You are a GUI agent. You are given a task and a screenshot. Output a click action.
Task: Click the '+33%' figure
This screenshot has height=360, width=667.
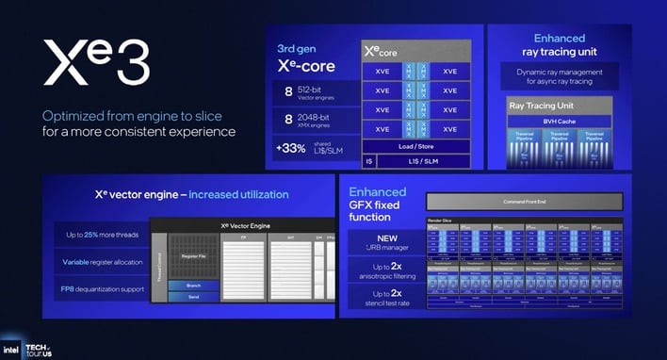tap(290, 147)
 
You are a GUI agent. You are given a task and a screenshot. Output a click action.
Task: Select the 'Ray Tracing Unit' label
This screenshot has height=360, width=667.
tap(542, 105)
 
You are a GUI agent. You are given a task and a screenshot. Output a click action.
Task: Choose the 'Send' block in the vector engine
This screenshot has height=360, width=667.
tap(193, 296)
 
